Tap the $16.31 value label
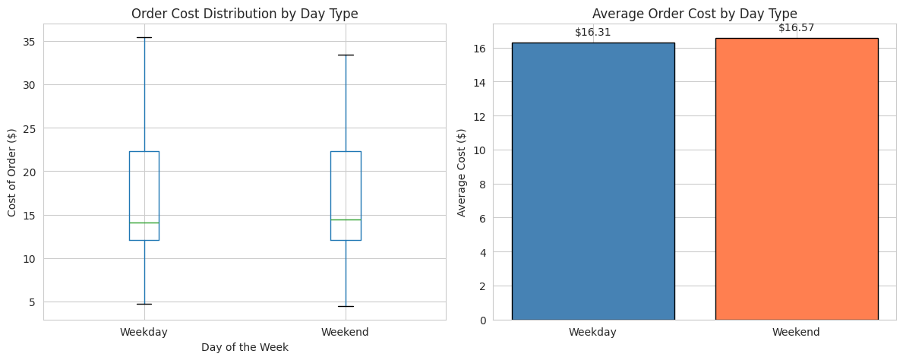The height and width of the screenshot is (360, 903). [592, 33]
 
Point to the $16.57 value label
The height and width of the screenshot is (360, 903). [796, 28]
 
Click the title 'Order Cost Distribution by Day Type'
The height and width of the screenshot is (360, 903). [245, 14]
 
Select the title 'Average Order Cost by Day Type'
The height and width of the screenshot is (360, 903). [694, 14]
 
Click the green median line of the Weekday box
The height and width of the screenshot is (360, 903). [144, 223]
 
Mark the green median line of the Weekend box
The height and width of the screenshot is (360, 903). [346, 219]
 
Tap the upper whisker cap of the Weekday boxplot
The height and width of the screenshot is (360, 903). [144, 37]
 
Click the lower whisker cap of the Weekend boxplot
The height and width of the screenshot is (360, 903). [346, 306]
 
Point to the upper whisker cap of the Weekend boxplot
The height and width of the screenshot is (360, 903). [346, 55]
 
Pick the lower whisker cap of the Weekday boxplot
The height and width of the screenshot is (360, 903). [144, 304]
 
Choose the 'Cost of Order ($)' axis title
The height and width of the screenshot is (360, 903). [12, 172]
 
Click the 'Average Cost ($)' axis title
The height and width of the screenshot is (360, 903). [462, 172]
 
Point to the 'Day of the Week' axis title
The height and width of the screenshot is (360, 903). [245, 347]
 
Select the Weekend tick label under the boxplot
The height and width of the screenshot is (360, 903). [346, 332]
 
